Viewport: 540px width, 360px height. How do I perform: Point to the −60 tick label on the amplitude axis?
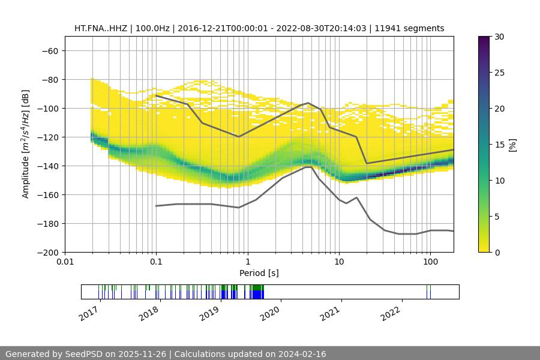[50, 51]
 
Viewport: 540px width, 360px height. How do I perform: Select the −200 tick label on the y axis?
[47, 253]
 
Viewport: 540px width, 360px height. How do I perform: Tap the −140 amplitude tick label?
[47, 166]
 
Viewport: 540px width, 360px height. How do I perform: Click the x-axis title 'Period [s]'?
[259, 273]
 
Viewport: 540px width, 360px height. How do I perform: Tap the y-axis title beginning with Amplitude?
[26, 144]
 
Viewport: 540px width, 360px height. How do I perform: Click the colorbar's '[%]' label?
[512, 145]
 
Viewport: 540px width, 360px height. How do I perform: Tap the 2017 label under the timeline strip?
[89, 313]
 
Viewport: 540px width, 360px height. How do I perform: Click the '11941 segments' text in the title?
[413, 28]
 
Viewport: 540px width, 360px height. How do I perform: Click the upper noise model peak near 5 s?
[308, 103]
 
